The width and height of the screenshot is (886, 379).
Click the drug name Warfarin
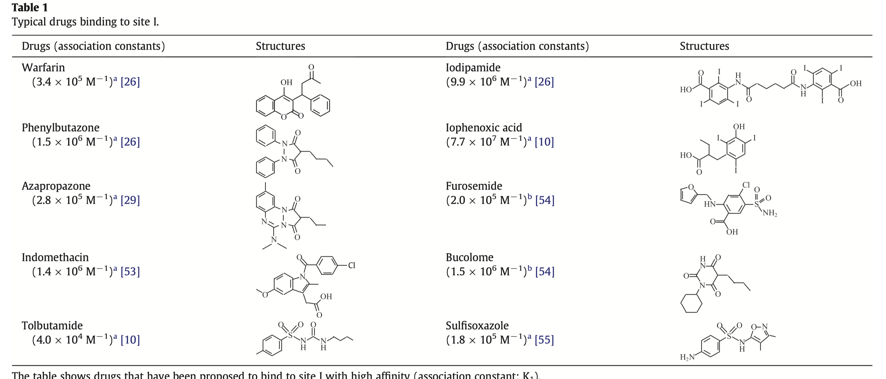click(x=43, y=67)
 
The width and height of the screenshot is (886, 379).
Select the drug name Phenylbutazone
click(x=61, y=127)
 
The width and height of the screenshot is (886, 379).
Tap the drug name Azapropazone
click(x=56, y=186)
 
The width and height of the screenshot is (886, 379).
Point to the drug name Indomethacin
click(x=55, y=257)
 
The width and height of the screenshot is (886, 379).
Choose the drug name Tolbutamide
click(x=52, y=325)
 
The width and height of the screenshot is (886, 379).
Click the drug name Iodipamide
click(x=473, y=67)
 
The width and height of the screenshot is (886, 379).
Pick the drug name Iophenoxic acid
click(x=484, y=127)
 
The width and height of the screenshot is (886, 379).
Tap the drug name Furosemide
click(x=474, y=186)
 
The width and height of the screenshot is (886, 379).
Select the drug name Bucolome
click(x=469, y=257)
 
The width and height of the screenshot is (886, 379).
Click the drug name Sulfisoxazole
click(x=477, y=325)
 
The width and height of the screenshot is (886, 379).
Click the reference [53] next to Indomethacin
click(x=130, y=271)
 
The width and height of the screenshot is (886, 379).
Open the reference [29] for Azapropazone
click(x=130, y=200)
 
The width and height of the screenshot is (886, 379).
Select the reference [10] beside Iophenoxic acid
click(x=544, y=142)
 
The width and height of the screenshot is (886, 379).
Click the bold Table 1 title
click(x=30, y=8)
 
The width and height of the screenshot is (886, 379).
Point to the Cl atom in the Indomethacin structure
click(x=351, y=265)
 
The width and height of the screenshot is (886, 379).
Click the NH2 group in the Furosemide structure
click(x=770, y=213)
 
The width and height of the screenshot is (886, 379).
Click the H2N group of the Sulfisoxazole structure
click(x=687, y=357)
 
